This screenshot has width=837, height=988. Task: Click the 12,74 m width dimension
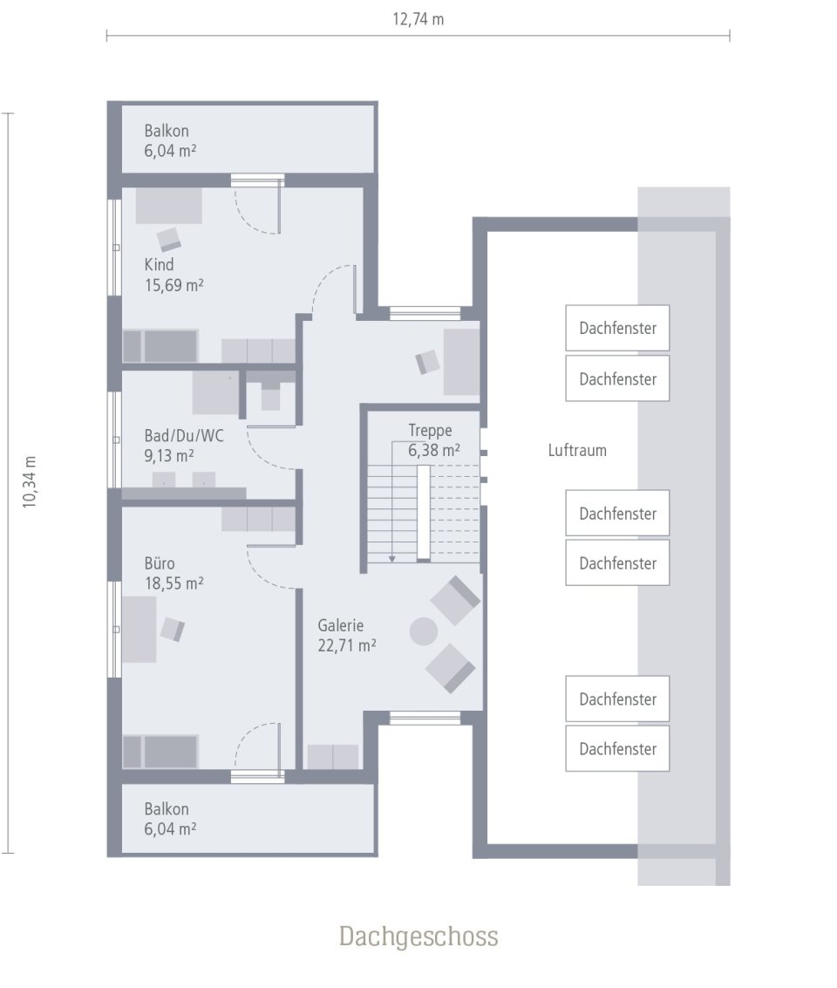click(x=418, y=19)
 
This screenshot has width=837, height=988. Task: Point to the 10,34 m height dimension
click(x=30, y=481)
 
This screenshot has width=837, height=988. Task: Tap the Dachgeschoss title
click(x=418, y=936)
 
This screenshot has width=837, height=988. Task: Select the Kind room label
click(x=160, y=264)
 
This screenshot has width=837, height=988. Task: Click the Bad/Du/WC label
click(x=183, y=435)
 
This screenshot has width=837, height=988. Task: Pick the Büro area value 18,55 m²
click(x=174, y=583)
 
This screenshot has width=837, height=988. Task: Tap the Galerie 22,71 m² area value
click(x=347, y=645)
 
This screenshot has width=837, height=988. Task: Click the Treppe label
click(x=430, y=430)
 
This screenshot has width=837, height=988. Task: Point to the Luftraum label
click(x=576, y=451)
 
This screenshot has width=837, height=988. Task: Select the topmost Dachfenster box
click(x=617, y=329)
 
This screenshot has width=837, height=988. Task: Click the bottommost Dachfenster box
click(x=617, y=748)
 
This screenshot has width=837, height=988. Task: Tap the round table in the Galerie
click(x=425, y=630)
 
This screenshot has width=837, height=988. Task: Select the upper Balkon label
click(x=167, y=131)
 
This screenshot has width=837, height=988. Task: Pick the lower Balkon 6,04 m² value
click(x=170, y=828)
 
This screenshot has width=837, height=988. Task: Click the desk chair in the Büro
click(x=172, y=629)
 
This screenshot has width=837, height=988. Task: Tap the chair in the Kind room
click(x=169, y=238)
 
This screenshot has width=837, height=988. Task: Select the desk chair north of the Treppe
click(x=427, y=361)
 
